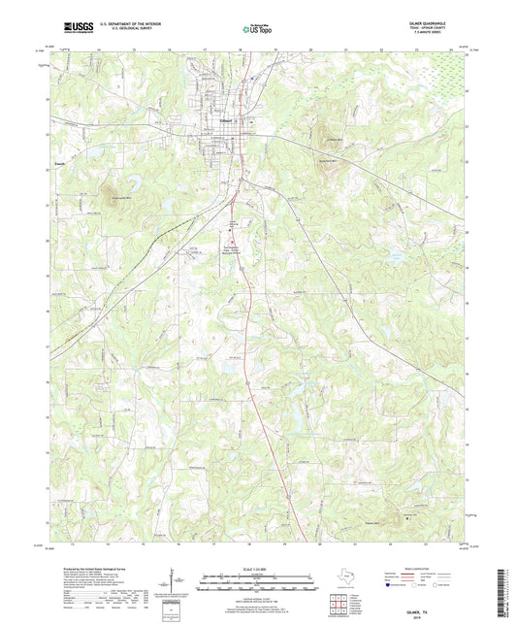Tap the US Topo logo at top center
tap(250, 31)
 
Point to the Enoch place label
tap(60, 166)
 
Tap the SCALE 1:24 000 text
tap(257, 570)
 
